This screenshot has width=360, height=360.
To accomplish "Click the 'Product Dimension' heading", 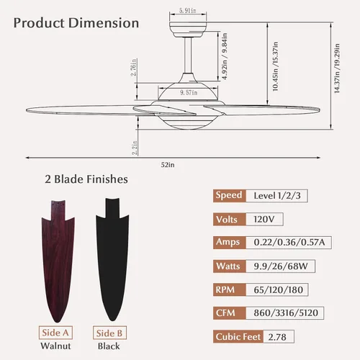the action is point(76,23).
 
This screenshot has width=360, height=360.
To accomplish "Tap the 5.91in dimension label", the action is point(188,11).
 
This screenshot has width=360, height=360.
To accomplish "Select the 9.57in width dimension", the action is point(189,92).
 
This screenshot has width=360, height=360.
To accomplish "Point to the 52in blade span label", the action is point(168,165).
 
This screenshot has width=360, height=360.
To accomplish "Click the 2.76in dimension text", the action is point(134,67).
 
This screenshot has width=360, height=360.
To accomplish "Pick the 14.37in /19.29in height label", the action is point(337,68).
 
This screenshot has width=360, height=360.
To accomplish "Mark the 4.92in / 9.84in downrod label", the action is point(225,56).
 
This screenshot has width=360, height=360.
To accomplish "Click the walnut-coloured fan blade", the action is point(58,261).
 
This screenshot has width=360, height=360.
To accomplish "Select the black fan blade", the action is point(112,259).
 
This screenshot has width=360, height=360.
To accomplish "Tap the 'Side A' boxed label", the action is point(55,333).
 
